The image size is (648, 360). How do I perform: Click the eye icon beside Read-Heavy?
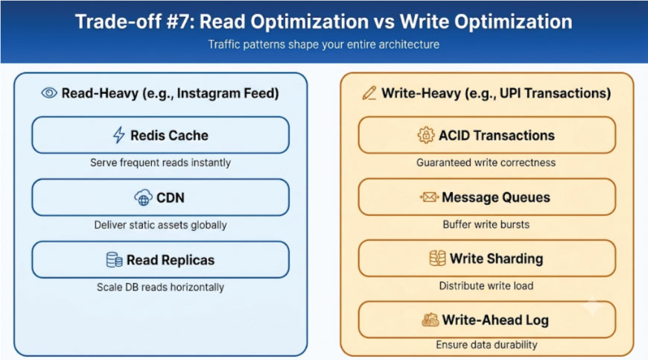tap(49, 93)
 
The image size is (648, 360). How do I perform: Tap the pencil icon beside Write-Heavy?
tap(369, 93)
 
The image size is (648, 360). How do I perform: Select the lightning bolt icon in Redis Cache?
tap(119, 135)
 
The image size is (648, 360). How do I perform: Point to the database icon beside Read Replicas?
tap(114, 260)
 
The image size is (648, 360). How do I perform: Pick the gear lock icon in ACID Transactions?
tap(425, 135)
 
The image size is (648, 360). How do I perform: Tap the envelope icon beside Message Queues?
tap(428, 198)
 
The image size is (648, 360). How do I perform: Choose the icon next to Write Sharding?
tap(437, 259)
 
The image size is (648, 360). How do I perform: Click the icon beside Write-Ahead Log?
tap(431, 320)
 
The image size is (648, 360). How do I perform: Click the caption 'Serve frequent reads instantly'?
tap(160, 162)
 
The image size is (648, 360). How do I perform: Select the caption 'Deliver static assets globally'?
tap(160, 225)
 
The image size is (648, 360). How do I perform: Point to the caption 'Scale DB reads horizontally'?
tap(160, 287)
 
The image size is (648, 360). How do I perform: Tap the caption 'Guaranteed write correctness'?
tap(486, 162)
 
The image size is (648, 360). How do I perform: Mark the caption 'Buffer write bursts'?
tap(486, 224)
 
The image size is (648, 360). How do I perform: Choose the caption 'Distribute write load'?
tap(486, 285)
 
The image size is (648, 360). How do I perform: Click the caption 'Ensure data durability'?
tap(486, 344)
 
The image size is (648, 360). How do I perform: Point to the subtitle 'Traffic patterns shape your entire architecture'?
tap(323, 44)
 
